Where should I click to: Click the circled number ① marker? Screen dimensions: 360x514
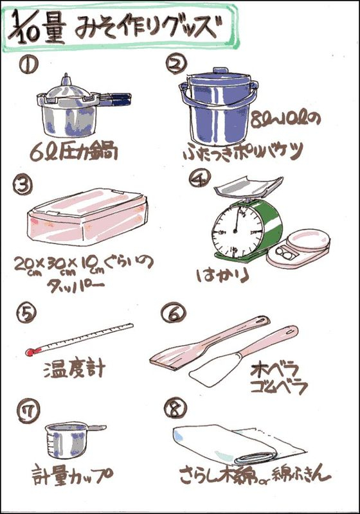28,65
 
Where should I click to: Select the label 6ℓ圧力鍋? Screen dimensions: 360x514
74,152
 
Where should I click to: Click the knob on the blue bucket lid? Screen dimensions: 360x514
220,71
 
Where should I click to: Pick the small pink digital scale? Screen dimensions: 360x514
298,247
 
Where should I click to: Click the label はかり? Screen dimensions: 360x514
223,276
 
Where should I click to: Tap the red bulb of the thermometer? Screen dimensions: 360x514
30,352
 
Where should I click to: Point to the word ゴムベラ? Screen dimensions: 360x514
279,387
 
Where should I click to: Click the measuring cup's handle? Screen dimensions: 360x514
96,428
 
